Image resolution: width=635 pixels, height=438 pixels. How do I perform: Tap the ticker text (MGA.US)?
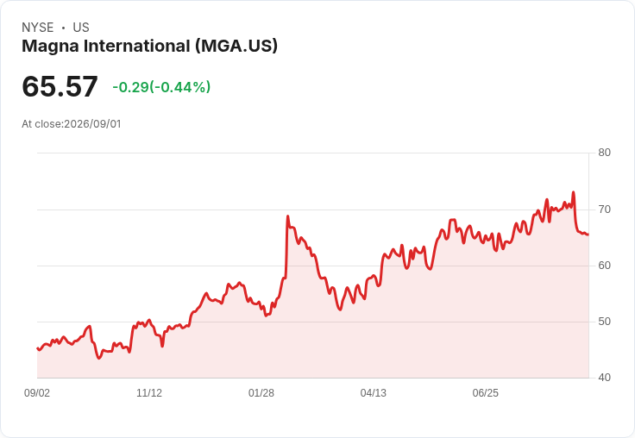click(x=236, y=47)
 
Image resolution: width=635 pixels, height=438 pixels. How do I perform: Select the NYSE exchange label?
click(x=38, y=28)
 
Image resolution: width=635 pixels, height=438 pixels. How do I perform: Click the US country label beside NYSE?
click(x=81, y=28)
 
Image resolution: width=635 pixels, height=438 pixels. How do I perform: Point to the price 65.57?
click(x=60, y=86)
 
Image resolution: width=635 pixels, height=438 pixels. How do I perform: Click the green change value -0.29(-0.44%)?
click(x=161, y=87)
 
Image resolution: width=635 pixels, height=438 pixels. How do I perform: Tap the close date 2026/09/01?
click(x=92, y=124)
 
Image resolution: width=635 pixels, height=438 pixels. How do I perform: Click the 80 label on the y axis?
click(x=604, y=153)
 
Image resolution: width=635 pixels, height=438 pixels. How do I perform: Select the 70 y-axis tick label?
click(x=604, y=210)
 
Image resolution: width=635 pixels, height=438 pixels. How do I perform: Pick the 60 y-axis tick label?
click(x=604, y=266)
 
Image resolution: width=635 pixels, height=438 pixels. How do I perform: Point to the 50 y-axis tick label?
click(x=604, y=322)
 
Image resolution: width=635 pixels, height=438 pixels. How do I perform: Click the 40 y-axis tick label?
click(x=604, y=378)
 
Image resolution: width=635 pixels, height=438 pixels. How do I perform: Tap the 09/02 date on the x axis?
click(x=37, y=393)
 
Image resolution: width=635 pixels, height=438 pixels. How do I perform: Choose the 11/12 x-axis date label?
click(x=149, y=393)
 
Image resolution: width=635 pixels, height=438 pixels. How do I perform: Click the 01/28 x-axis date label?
click(x=261, y=393)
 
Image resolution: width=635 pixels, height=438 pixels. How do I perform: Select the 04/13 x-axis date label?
click(x=374, y=393)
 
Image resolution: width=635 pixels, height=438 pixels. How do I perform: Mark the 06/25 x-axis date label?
click(x=486, y=393)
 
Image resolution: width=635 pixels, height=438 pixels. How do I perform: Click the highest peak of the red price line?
click(x=573, y=192)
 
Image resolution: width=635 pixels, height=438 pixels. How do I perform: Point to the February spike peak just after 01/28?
click(x=287, y=216)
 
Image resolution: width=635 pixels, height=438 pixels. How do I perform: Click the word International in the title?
click(x=137, y=47)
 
